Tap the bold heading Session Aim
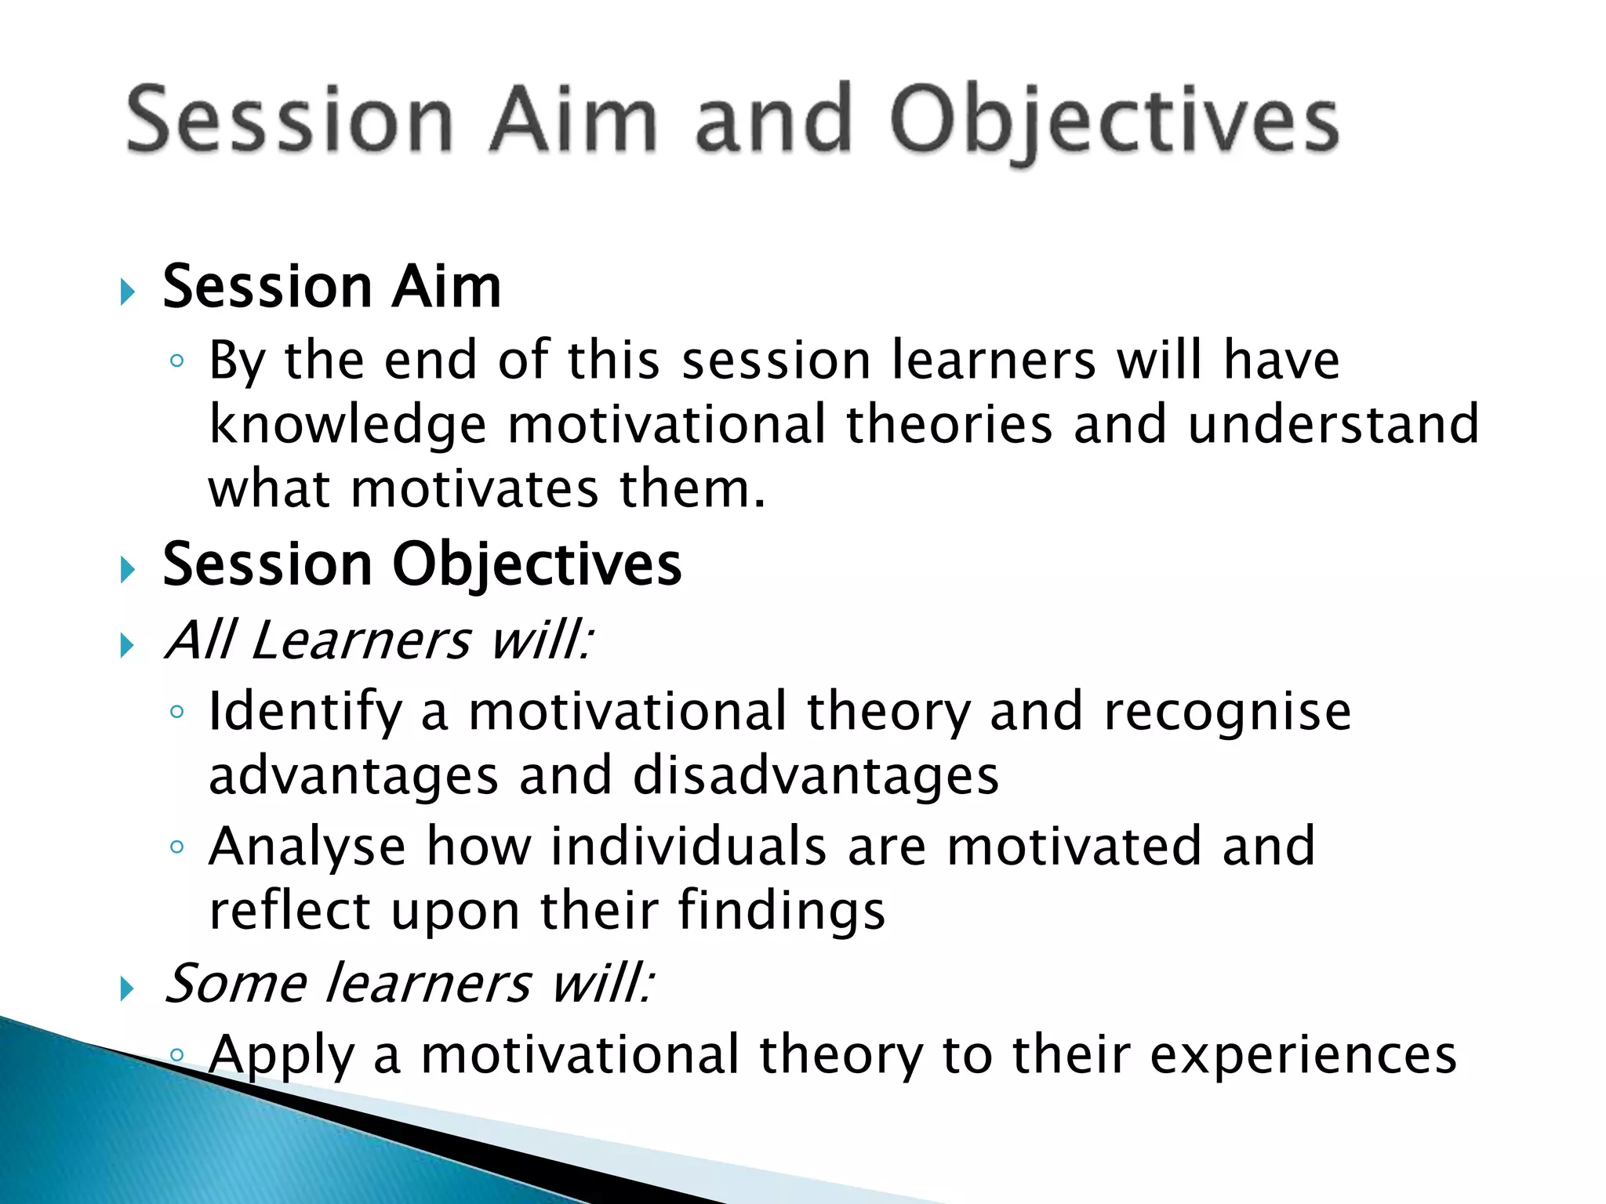[331, 287]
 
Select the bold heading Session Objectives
[422, 564]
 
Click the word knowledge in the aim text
[347, 425]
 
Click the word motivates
[474, 489]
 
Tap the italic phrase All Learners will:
[378, 640]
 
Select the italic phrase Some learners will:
[408, 983]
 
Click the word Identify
[304, 712]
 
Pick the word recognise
[1227, 712]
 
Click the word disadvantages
[816, 776]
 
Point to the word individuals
[689, 847]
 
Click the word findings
[781, 911]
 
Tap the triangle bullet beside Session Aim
[128, 292]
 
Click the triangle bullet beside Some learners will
[128, 989]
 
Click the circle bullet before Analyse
[177, 847]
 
